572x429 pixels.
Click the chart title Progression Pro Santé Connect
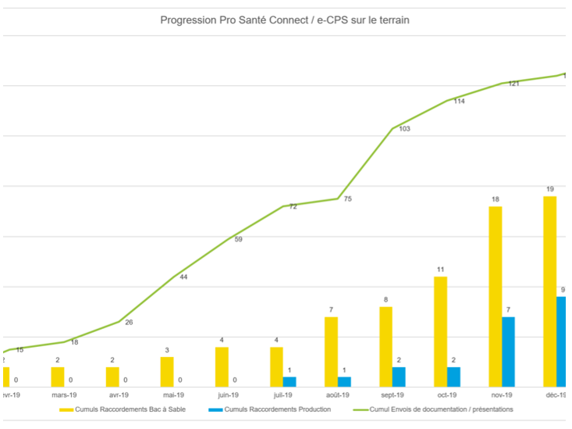pyautogui.click(x=285, y=20)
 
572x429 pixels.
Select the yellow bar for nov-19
pyautogui.click(x=496, y=296)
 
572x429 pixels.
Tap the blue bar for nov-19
pyautogui.click(x=508, y=352)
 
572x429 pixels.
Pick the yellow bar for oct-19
pyautogui.click(x=441, y=331)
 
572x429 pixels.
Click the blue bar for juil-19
pyautogui.click(x=290, y=381)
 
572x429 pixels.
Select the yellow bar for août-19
pyautogui.click(x=332, y=352)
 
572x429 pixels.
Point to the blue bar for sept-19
pyautogui.click(x=399, y=377)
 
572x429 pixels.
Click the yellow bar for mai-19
pyautogui.click(x=167, y=372)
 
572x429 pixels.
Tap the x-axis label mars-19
pyautogui.click(x=64, y=395)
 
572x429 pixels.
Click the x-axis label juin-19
pyautogui.click(x=229, y=395)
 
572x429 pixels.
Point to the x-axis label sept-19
pyautogui.click(x=393, y=395)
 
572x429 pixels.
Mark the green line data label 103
pyautogui.click(x=404, y=129)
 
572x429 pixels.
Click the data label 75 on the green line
pyautogui.click(x=348, y=199)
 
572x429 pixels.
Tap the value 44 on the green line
pyautogui.click(x=183, y=277)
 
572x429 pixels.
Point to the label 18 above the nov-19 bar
pyautogui.click(x=495, y=200)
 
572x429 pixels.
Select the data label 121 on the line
pyautogui.click(x=513, y=84)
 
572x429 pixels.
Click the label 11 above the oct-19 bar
pyautogui.click(x=441, y=270)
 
